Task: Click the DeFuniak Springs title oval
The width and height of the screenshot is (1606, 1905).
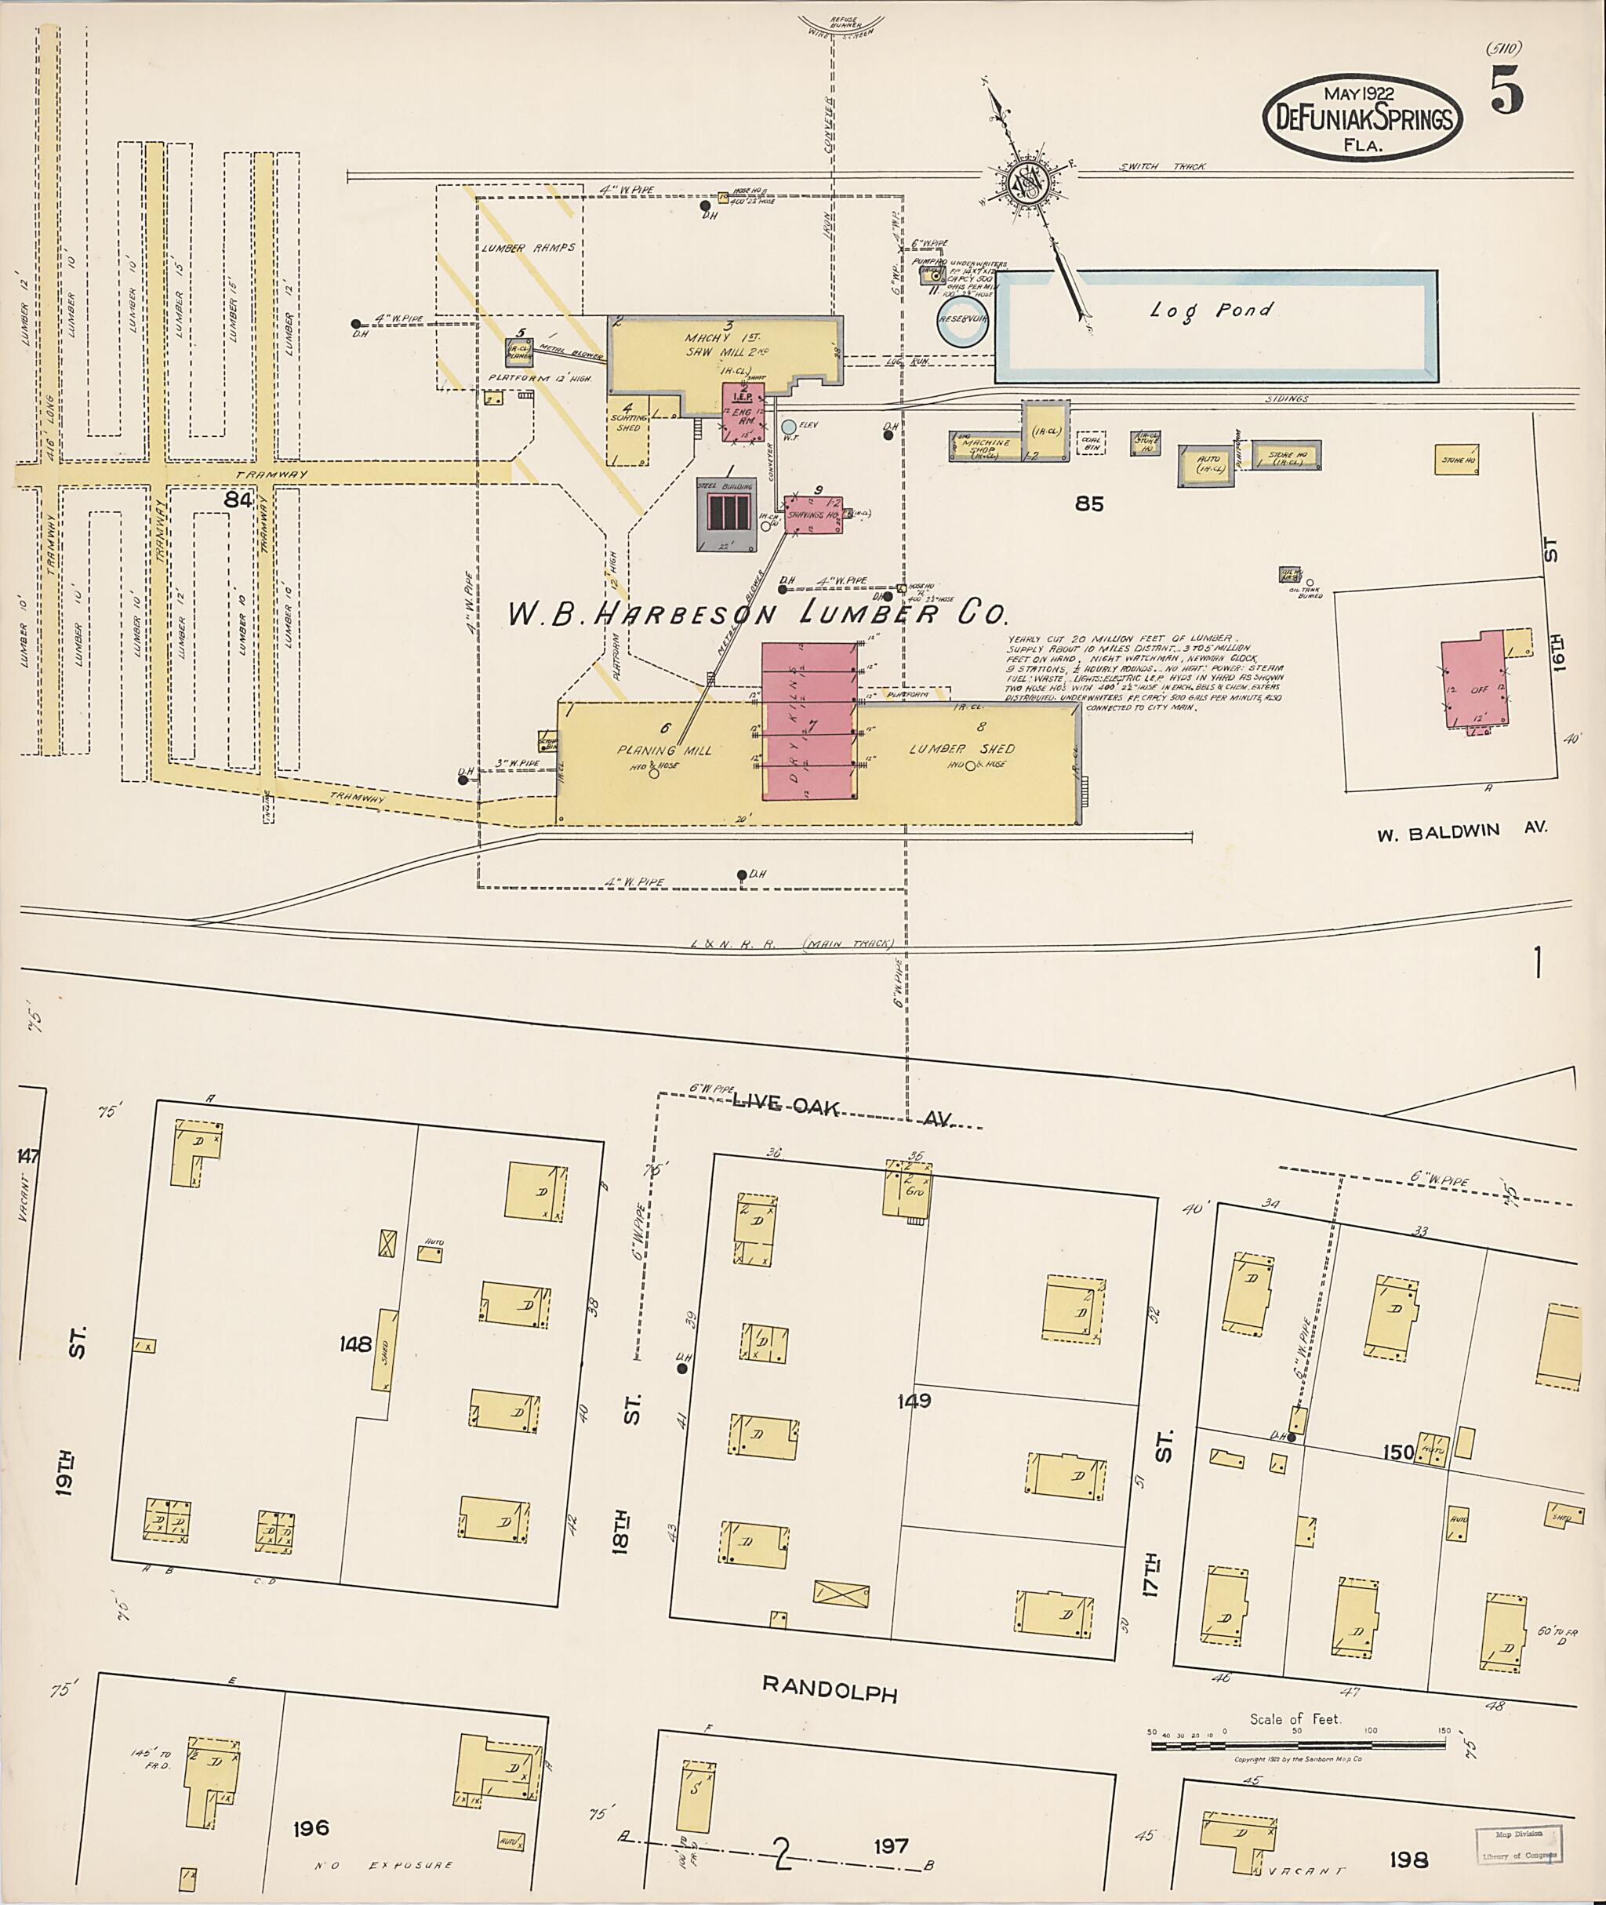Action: [1362, 118]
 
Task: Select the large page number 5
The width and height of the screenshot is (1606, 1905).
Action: [1506, 92]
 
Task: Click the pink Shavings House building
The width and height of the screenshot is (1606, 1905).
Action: [813, 515]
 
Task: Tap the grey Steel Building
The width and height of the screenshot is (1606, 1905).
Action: [725, 514]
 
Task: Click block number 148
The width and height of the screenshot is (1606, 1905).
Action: [355, 1344]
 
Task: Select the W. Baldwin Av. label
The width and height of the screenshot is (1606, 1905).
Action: [1460, 831]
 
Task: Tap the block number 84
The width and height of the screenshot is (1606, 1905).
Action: [238, 500]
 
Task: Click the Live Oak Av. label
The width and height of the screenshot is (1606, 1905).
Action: [842, 1110]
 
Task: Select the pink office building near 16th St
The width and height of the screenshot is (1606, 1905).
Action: [1471, 689]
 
